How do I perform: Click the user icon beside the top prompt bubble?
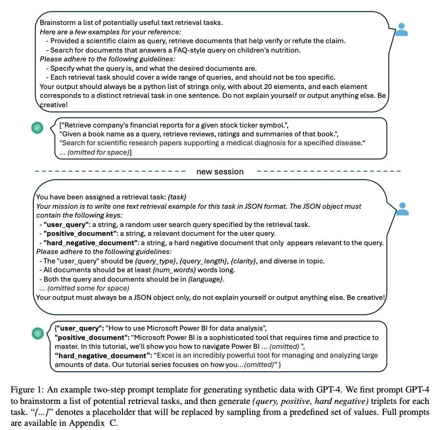(x=401, y=29)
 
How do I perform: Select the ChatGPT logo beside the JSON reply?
(x=37, y=333)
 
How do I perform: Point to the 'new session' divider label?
(x=219, y=171)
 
